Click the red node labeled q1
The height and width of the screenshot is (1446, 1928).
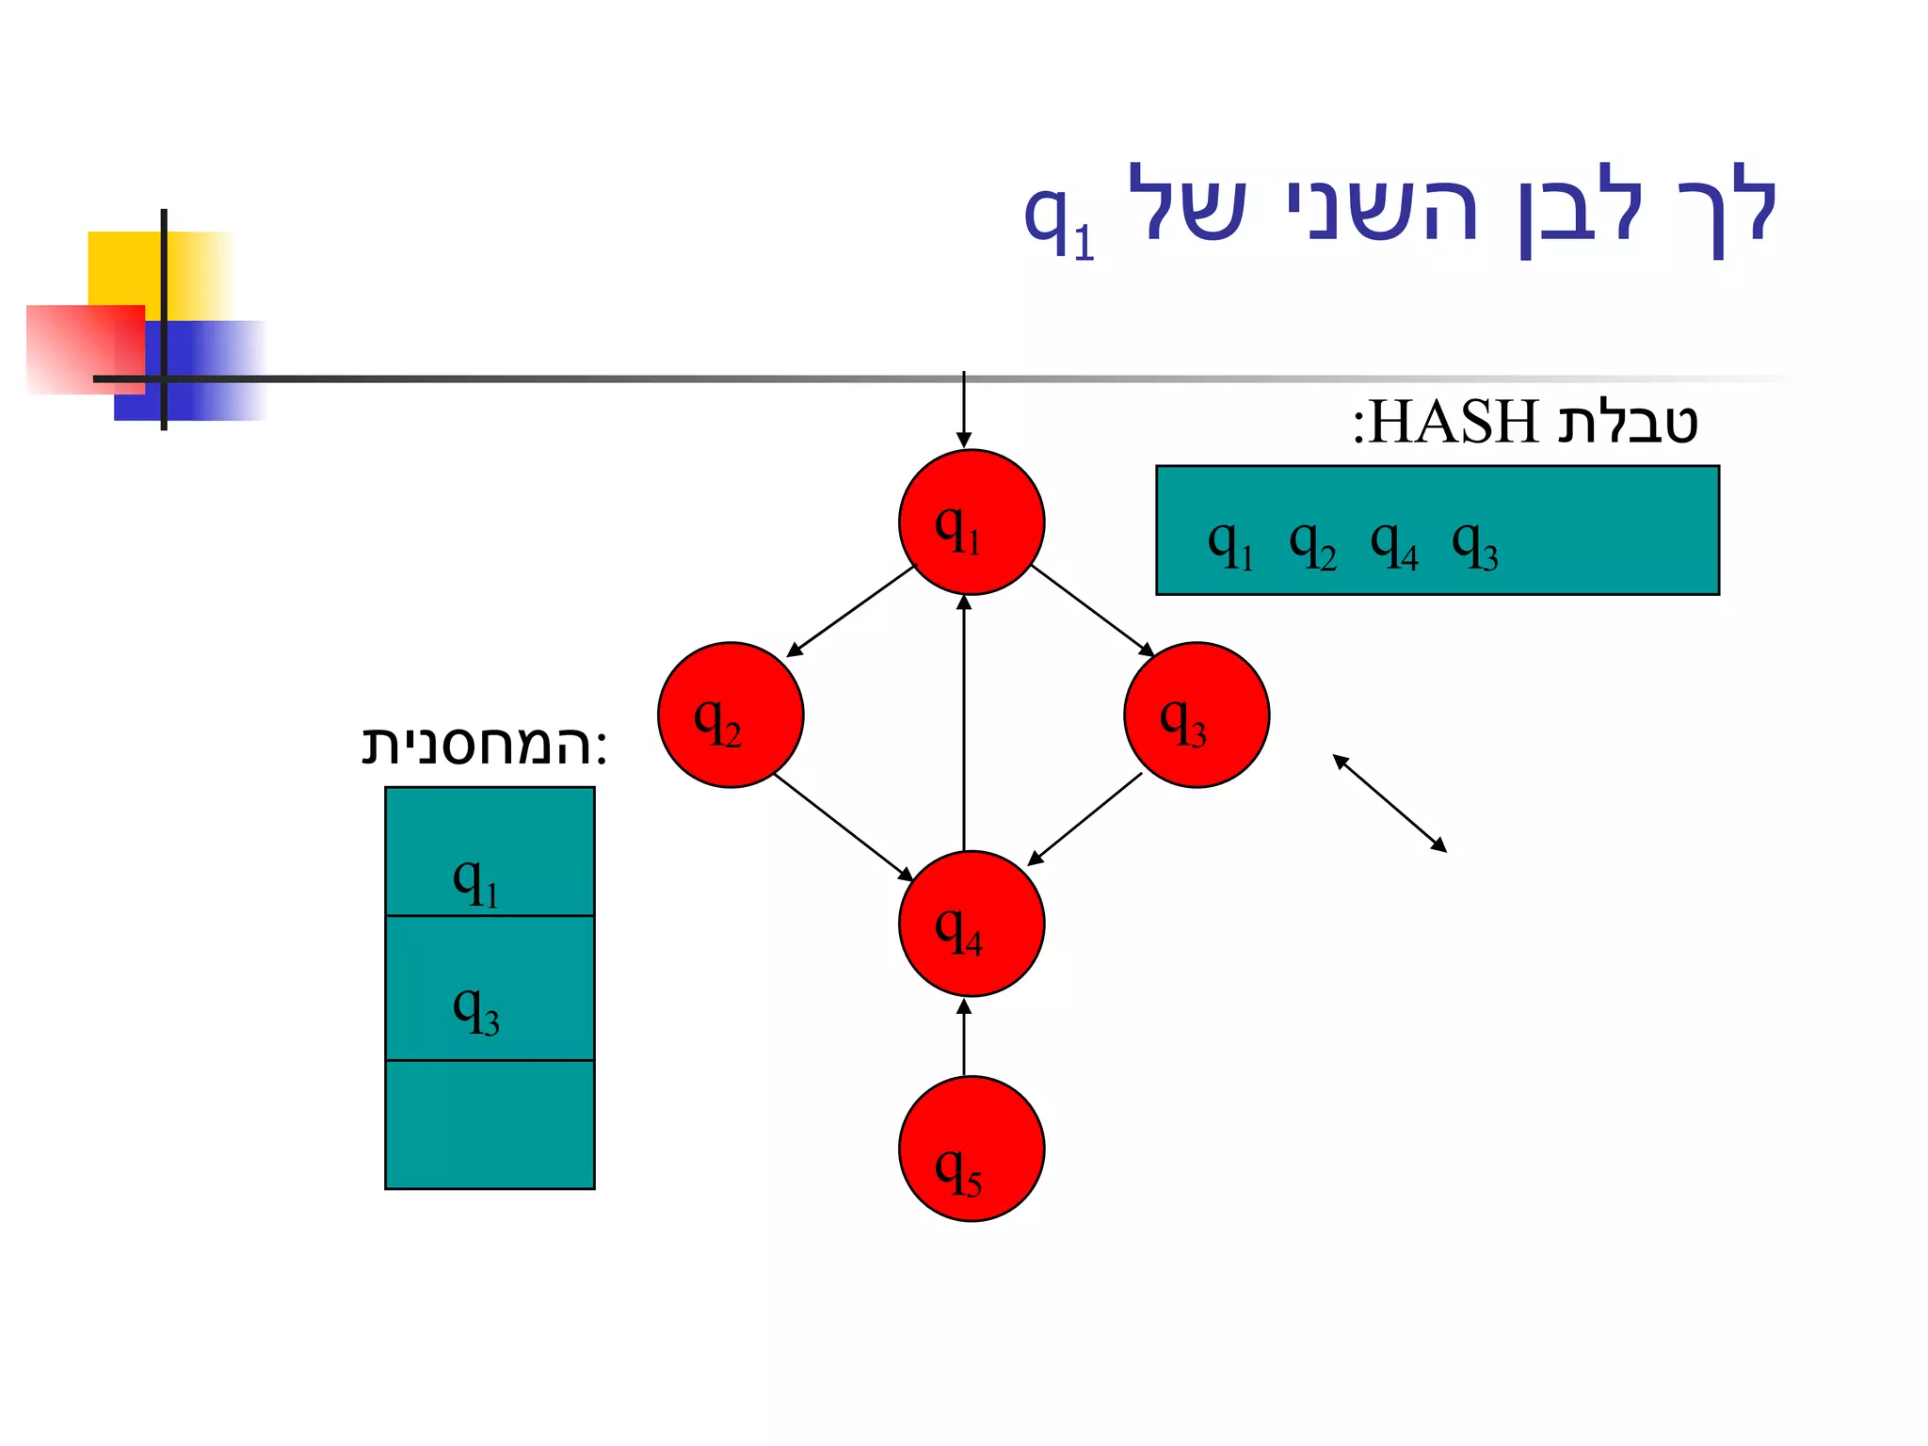click(x=971, y=522)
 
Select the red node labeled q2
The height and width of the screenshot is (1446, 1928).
click(x=731, y=715)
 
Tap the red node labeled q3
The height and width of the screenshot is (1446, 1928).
click(x=1196, y=715)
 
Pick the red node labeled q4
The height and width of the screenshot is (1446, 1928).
click(x=971, y=924)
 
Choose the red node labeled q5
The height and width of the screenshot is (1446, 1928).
click(x=971, y=1149)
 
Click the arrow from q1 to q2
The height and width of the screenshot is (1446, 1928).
click(x=850, y=611)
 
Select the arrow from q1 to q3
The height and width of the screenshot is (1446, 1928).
click(x=1092, y=610)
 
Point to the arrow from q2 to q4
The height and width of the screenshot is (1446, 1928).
click(x=843, y=827)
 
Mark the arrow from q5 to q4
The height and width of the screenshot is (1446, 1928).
click(x=963, y=1037)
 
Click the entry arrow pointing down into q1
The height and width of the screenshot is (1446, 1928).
click(x=963, y=410)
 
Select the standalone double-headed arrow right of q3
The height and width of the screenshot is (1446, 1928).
click(x=1389, y=803)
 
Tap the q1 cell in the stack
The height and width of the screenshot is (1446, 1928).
click(x=490, y=852)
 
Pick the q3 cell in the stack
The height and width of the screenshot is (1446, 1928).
click(x=490, y=988)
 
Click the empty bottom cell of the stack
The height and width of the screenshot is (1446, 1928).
click(x=490, y=1124)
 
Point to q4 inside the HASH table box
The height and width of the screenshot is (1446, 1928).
click(x=1393, y=545)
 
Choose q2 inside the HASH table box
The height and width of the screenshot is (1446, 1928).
click(x=1312, y=545)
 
